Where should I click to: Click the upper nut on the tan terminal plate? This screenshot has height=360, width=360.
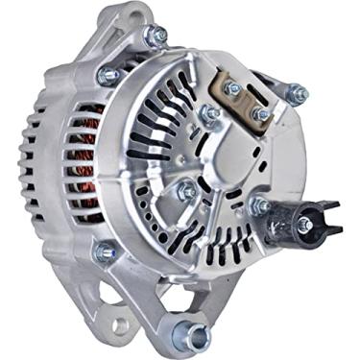(232, 88)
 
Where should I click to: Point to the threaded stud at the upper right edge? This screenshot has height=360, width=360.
(297, 93)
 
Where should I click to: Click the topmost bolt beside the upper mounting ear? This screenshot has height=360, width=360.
(155, 36)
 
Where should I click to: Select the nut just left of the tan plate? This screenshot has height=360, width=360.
(206, 115)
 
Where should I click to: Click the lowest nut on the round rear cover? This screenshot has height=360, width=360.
(186, 191)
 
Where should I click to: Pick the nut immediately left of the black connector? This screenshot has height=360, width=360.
(259, 204)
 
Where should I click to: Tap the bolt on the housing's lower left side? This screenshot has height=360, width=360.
(104, 252)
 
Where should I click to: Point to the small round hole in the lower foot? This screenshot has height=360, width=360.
(120, 323)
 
